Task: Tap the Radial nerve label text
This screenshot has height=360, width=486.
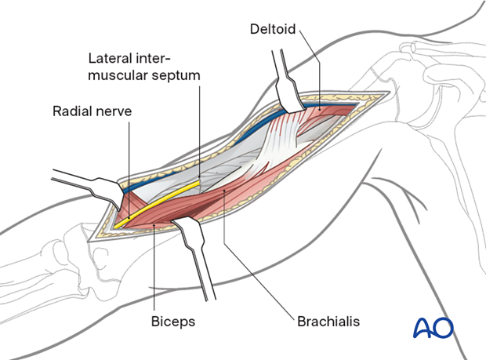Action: (92, 111)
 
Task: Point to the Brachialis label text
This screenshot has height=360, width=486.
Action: (328, 322)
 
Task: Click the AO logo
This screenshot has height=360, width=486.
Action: (433, 327)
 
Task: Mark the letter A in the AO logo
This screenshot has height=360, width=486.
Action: (423, 328)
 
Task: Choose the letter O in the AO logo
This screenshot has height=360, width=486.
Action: (443, 328)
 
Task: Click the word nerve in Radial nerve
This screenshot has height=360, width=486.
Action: (114, 111)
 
